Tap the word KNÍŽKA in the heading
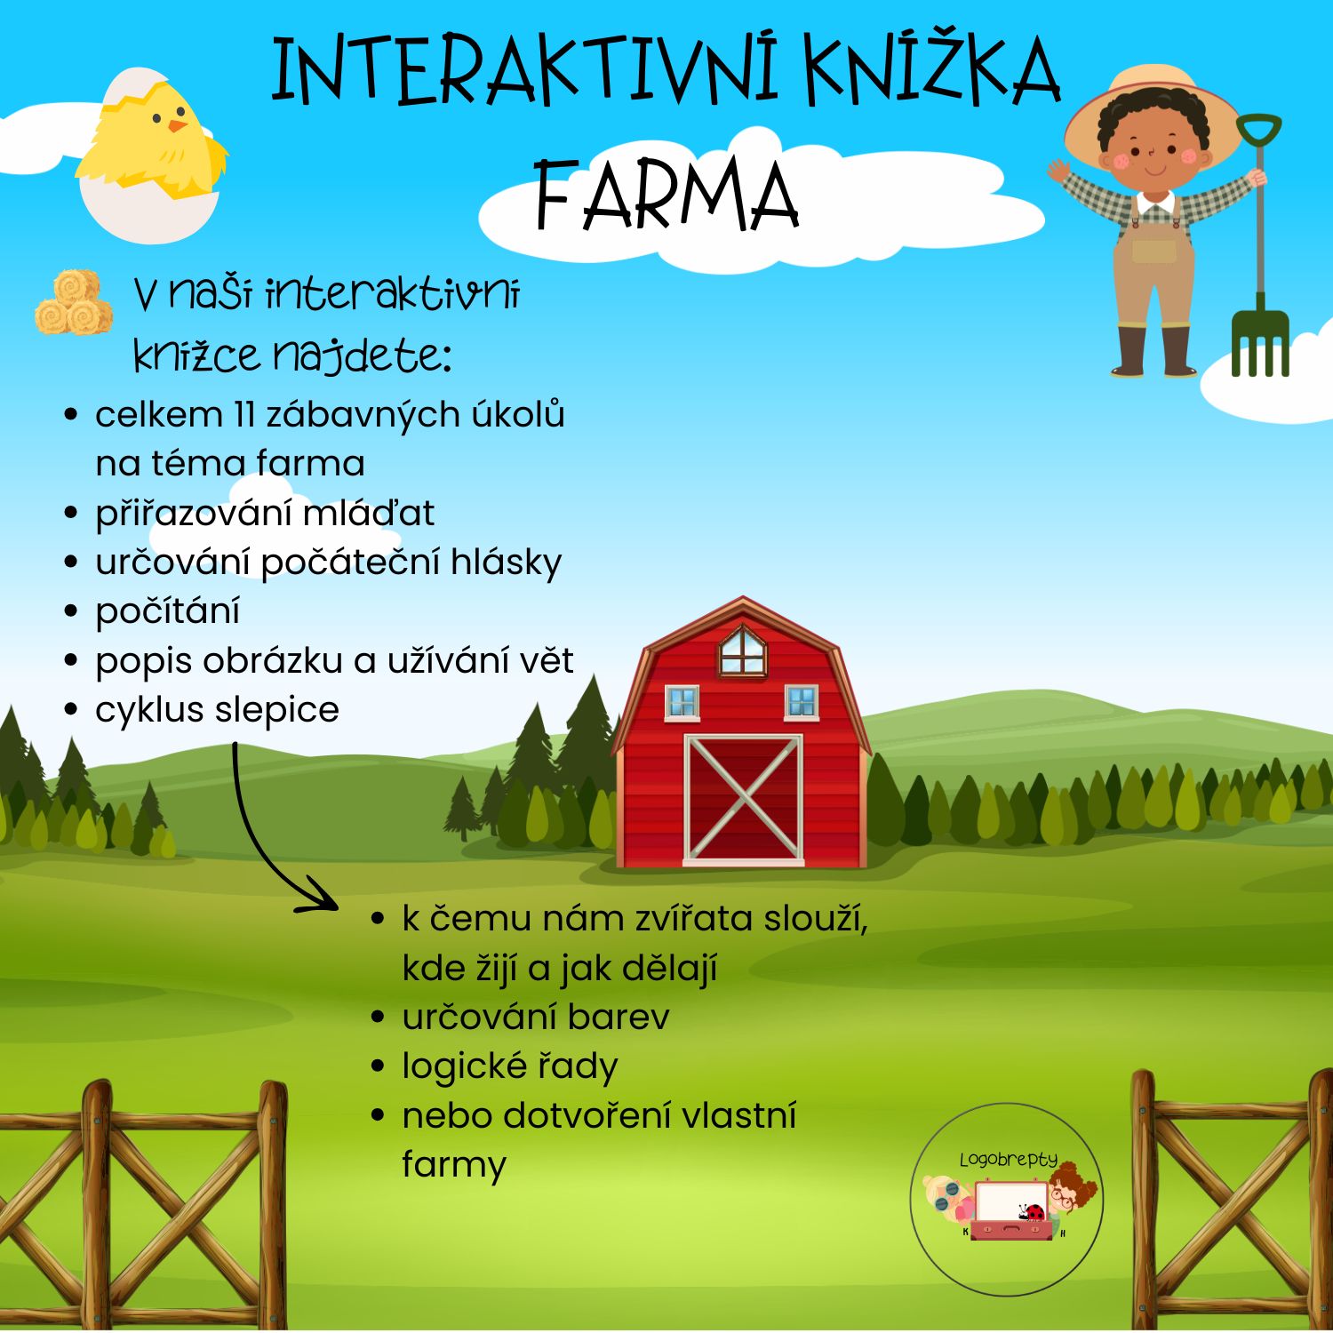click(x=932, y=71)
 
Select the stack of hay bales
click(x=74, y=303)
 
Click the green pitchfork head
click(x=1259, y=342)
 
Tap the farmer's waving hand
click(x=1058, y=169)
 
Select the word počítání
click(x=167, y=611)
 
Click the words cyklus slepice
click(x=217, y=710)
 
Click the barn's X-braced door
click(x=743, y=799)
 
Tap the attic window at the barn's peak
click(x=742, y=651)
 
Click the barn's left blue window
click(x=682, y=702)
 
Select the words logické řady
click(x=509, y=1066)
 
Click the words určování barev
click(x=535, y=1017)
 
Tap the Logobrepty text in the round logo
click(x=1009, y=1160)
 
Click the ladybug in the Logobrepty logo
click(x=1032, y=1212)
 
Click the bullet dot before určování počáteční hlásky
click(x=72, y=562)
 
